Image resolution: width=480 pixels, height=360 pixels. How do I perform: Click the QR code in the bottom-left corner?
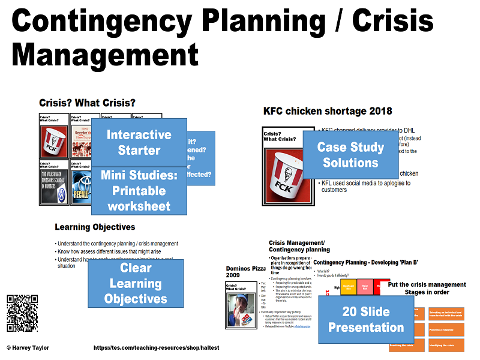click(22, 313)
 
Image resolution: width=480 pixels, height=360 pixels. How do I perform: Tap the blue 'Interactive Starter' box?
click(139, 142)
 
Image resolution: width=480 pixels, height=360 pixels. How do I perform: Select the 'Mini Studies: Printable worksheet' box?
click(139, 190)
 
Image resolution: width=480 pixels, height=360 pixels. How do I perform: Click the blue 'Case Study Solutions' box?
click(350, 155)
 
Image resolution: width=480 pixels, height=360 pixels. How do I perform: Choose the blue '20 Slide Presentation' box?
click(365, 319)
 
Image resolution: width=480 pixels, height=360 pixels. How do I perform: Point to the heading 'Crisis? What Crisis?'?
click(87, 103)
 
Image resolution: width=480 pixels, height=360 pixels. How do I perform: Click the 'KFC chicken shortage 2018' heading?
click(328, 110)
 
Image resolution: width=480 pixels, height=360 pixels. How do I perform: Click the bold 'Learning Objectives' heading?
click(95, 227)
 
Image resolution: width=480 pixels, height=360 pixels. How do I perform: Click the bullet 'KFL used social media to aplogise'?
click(366, 186)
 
